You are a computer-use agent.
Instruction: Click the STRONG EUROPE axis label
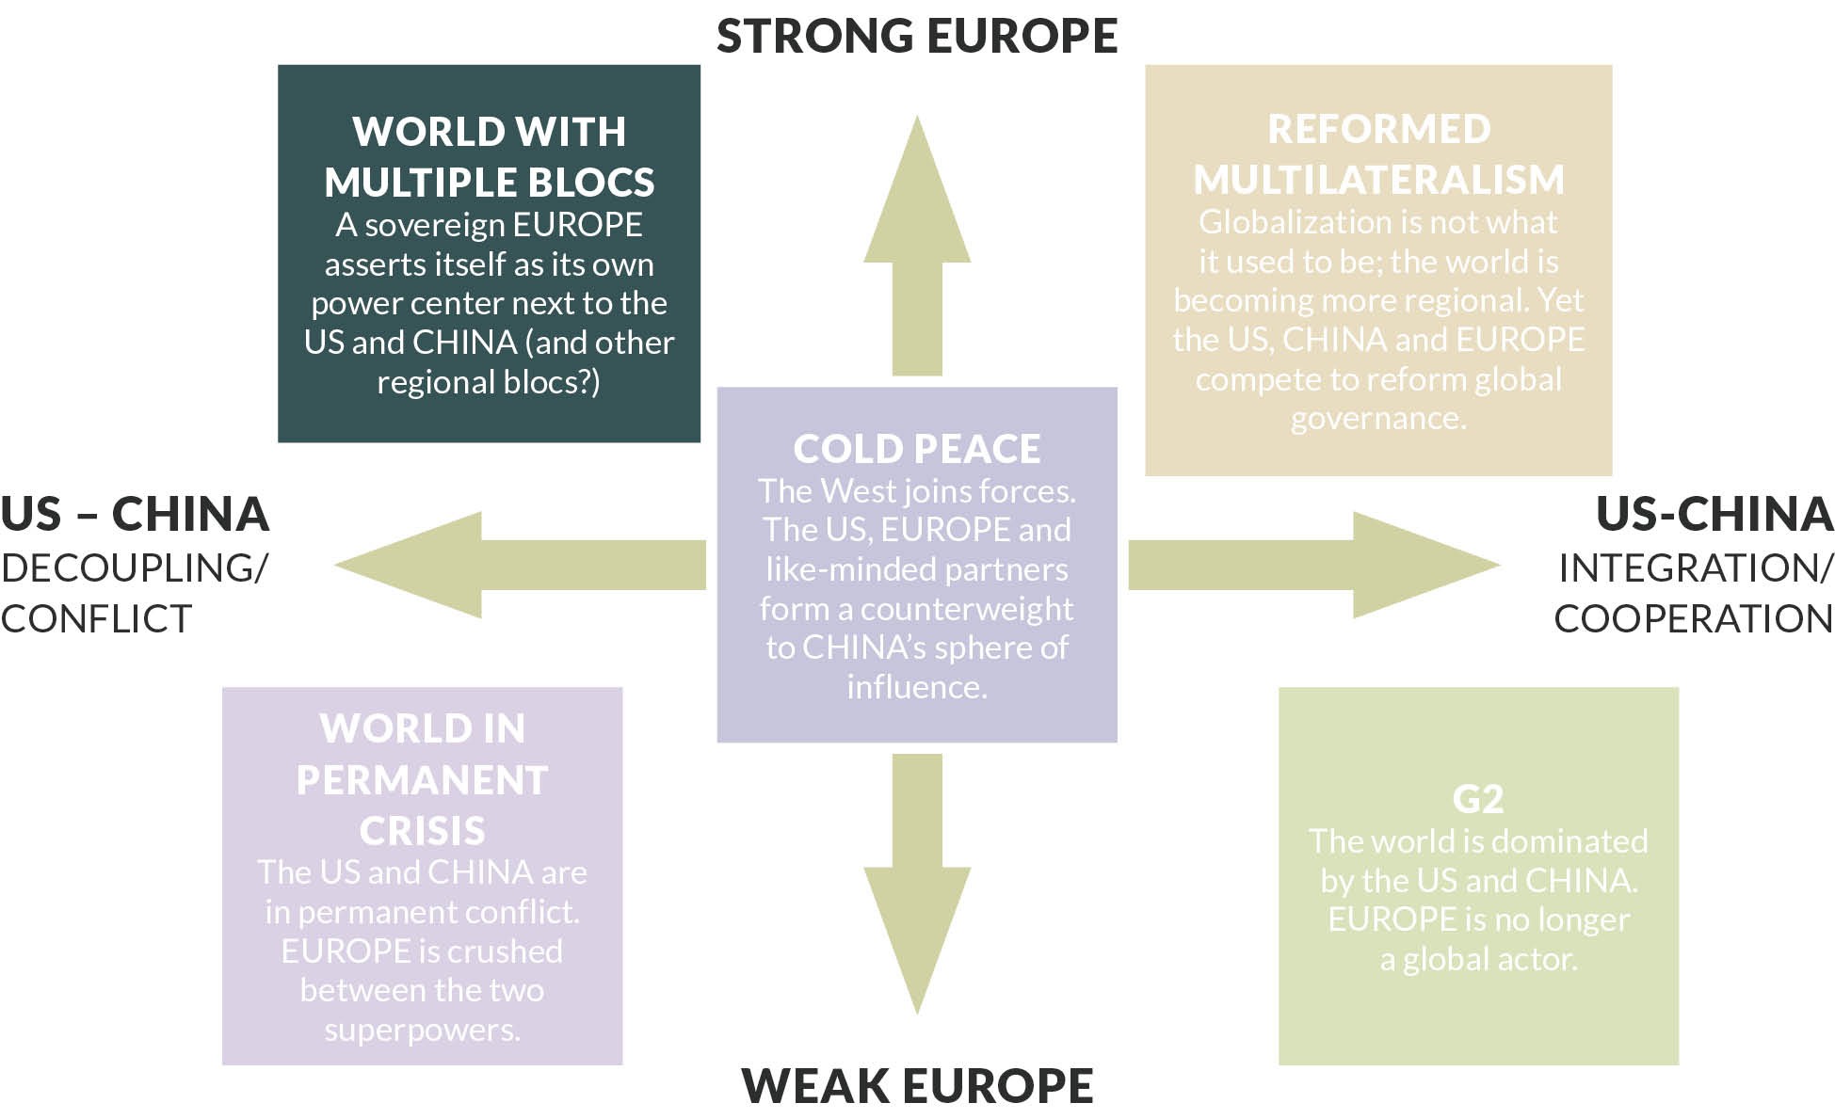click(x=916, y=36)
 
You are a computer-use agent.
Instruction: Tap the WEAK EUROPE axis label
click(x=916, y=1085)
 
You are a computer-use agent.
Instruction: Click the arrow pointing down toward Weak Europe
click(x=917, y=885)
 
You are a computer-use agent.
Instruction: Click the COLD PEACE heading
click(x=917, y=449)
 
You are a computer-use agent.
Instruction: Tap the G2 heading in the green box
click(x=1477, y=799)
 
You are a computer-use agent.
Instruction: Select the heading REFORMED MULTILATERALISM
click(x=1378, y=154)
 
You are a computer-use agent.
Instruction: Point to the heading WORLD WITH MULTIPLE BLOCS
click(x=489, y=156)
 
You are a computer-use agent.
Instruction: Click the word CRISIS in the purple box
click(x=422, y=831)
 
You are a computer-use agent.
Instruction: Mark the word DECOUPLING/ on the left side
click(x=135, y=567)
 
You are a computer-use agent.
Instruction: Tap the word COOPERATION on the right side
click(x=1693, y=618)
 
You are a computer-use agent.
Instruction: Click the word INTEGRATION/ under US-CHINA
click(x=1696, y=567)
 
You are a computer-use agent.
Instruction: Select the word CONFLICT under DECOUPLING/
click(x=96, y=618)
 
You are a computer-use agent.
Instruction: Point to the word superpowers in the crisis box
click(x=422, y=1030)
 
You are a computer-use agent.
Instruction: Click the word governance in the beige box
click(x=1378, y=418)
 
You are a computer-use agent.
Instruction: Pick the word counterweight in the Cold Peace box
click(x=966, y=609)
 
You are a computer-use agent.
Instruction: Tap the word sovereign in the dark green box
click(x=436, y=225)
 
